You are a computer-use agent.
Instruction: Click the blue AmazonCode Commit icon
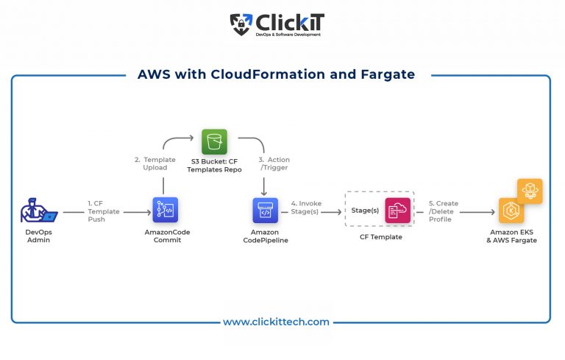coord(166,210)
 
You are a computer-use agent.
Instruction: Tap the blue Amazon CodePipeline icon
coord(264,210)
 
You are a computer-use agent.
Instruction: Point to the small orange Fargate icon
coord(530,190)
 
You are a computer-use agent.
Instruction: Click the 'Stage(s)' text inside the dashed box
coord(365,211)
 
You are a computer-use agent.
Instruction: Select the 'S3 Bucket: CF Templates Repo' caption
coord(214,164)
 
